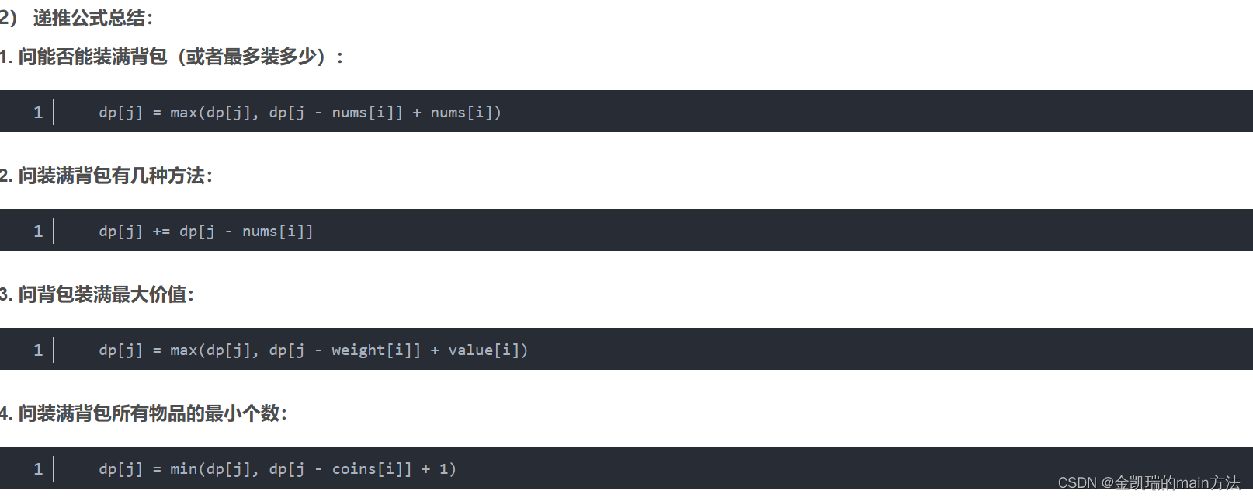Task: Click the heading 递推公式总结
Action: [x=92, y=18]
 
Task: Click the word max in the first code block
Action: [x=184, y=113]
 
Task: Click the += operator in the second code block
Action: [x=161, y=232]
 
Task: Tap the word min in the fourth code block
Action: [x=184, y=469]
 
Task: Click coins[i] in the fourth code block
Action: [x=367, y=469]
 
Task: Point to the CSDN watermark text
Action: [x=1148, y=483]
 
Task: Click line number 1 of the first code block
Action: [x=38, y=113]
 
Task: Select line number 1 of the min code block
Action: [x=38, y=469]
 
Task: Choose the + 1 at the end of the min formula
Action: [x=435, y=469]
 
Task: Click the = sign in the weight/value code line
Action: [x=157, y=350]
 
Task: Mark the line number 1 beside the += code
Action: [x=38, y=232]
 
